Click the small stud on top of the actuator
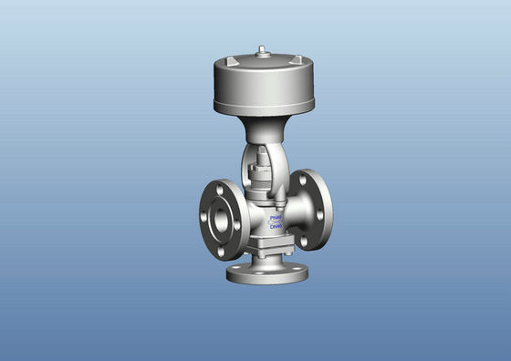coord(263,51)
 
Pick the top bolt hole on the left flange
coord(218,189)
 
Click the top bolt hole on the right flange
coord(303,180)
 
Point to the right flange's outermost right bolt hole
coord(319,215)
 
